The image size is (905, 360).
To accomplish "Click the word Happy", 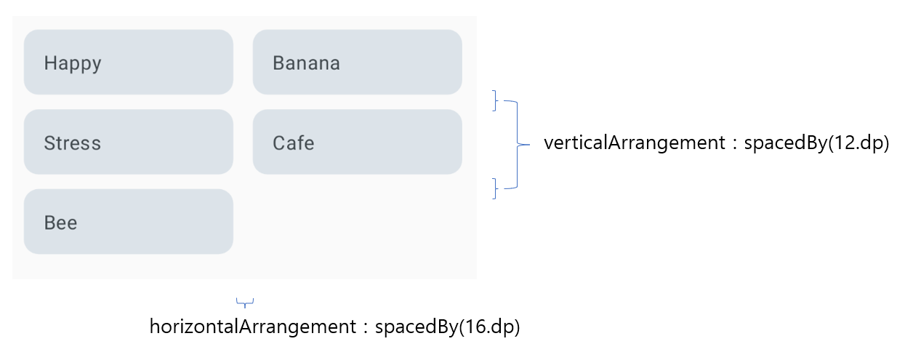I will (73, 63).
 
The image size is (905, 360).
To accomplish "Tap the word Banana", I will (306, 63).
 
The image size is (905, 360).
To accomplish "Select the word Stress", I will (73, 143).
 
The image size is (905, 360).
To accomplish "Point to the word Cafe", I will (294, 143).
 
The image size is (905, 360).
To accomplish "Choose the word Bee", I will (61, 223).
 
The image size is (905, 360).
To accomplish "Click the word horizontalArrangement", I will (241, 327).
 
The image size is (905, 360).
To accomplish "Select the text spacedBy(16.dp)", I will (448, 327).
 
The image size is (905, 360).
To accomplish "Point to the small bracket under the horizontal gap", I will (246, 302).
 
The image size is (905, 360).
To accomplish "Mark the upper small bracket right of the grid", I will (495, 100).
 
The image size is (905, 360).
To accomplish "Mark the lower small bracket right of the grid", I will (495, 188).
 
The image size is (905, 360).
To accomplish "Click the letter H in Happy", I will (49, 63).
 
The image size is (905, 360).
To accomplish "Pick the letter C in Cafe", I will (279, 143).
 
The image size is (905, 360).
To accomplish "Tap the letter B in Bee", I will (49, 223).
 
